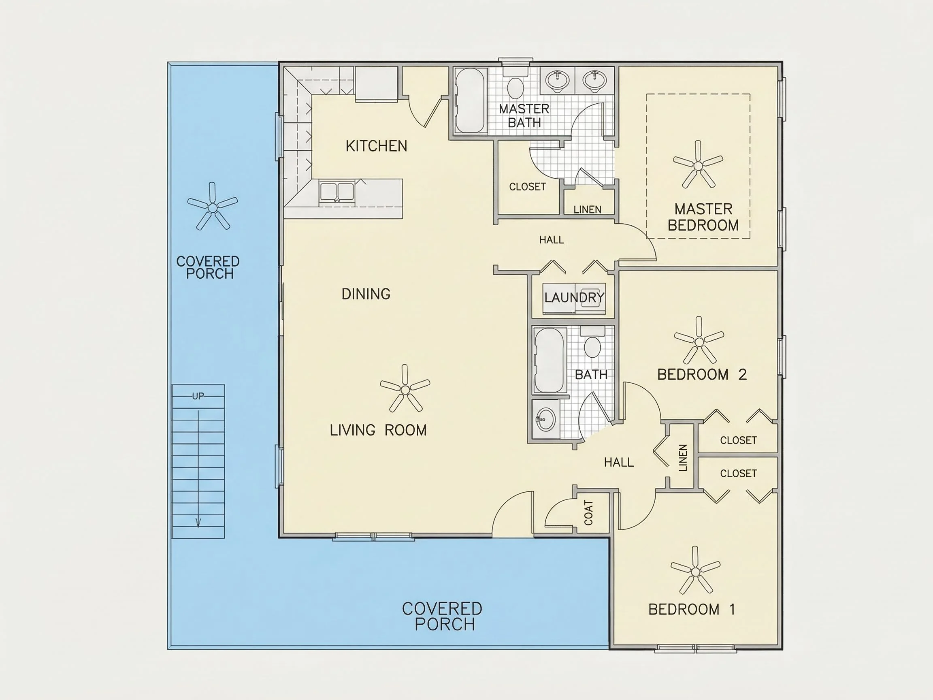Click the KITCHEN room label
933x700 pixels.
(376, 146)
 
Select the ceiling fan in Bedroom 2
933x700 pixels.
(699, 341)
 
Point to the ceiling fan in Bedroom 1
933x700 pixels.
(696, 570)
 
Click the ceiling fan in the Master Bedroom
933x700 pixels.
(698, 165)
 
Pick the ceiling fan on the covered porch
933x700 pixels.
(213, 207)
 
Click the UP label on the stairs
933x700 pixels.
(198, 396)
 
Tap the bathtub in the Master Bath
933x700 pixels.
(469, 100)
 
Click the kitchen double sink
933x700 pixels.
(337, 192)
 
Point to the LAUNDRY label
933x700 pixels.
(574, 297)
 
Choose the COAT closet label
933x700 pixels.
(588, 513)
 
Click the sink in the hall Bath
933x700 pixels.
(545, 419)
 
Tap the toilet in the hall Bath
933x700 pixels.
(592, 342)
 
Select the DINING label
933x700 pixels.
(366, 294)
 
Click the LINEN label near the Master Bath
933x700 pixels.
(587, 210)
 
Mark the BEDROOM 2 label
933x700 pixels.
(702, 375)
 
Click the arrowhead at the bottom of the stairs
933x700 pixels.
(198, 523)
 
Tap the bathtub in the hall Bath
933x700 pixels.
(548, 361)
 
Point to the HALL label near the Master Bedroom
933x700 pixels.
(551, 240)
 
